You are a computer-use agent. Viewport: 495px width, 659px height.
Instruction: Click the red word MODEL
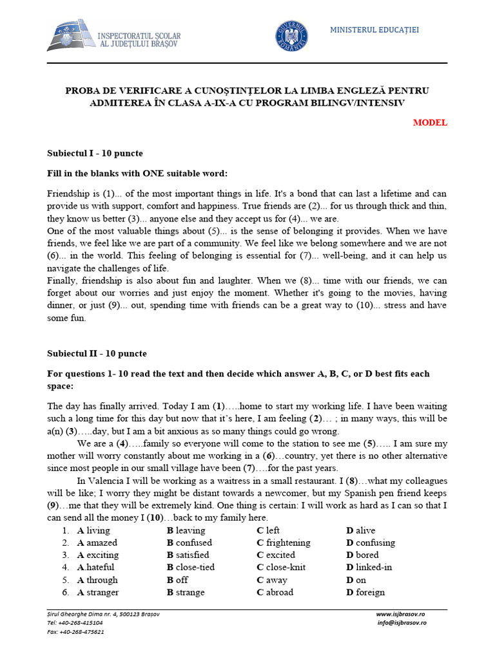tap(430, 123)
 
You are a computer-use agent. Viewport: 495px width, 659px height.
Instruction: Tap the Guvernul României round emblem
tap(291, 36)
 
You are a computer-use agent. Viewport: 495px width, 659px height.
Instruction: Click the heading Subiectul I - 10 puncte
tap(95, 153)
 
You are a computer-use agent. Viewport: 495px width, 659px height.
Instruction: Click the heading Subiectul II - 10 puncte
tap(97, 353)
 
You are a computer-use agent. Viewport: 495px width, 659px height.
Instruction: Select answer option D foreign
tap(365, 592)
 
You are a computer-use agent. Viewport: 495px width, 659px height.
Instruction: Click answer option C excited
tap(275, 555)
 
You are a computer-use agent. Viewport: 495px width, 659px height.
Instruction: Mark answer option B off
tap(177, 580)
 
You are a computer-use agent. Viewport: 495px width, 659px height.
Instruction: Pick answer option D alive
tap(360, 530)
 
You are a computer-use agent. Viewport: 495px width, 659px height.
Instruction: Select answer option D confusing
tap(370, 543)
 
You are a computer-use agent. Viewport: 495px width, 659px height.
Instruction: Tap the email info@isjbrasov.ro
tap(401, 623)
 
